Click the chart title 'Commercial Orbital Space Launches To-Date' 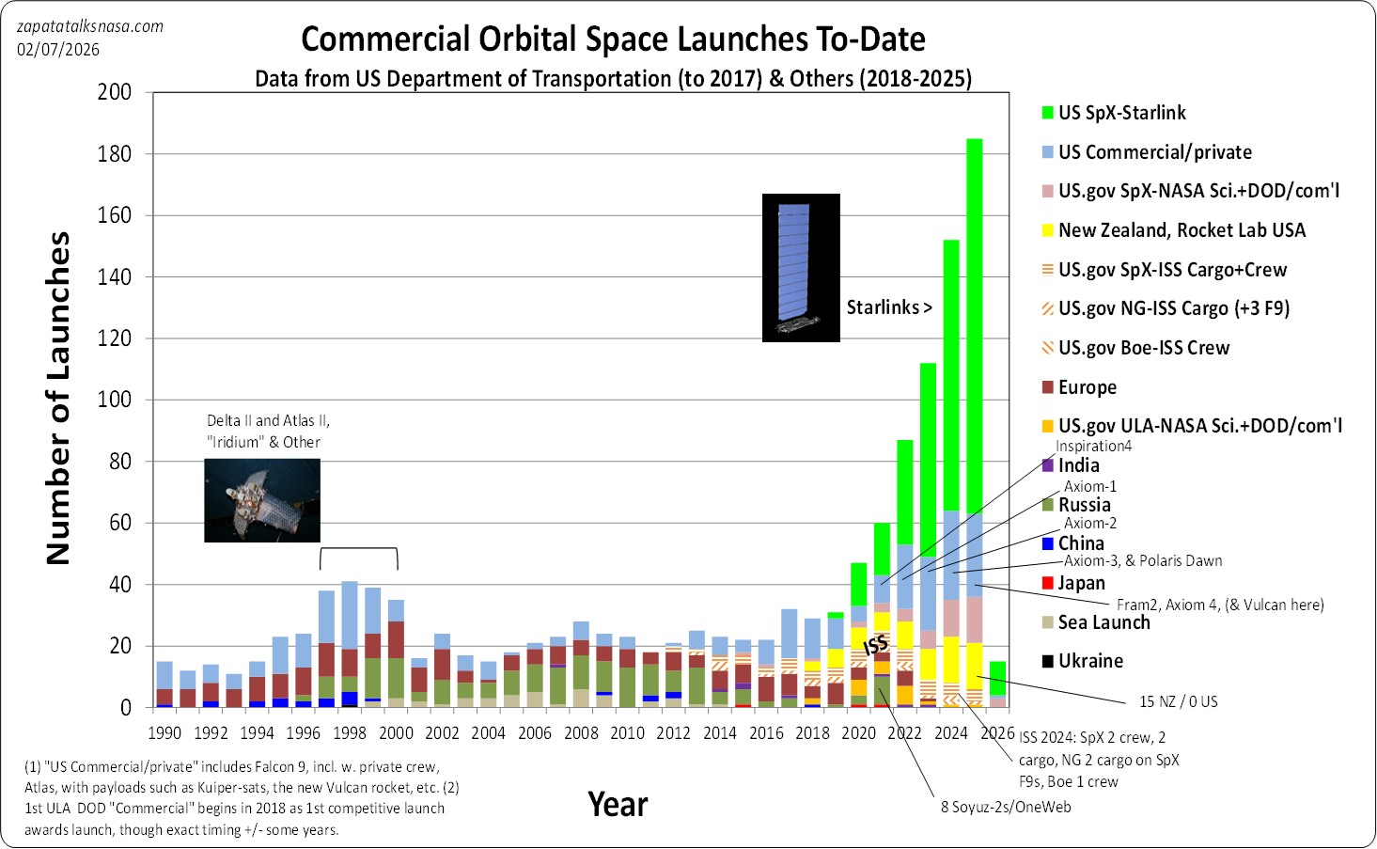click(613, 39)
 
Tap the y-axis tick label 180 click(114, 154)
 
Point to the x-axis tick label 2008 click(581, 733)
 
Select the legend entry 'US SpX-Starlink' click(1121, 113)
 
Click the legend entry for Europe click(1087, 387)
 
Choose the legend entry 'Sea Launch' click(1103, 622)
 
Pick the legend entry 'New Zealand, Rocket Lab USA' click(1181, 230)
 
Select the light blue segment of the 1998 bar click(350, 615)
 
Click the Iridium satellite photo click(262, 500)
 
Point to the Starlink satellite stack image click(801, 268)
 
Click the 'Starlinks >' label click(888, 307)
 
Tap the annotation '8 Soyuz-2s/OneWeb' click(1006, 807)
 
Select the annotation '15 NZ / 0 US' click(1178, 701)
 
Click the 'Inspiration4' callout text click(1093, 447)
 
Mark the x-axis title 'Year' click(618, 805)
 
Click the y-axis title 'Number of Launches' click(58, 399)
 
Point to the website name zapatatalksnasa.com click(90, 26)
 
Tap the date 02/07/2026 click(58, 50)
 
